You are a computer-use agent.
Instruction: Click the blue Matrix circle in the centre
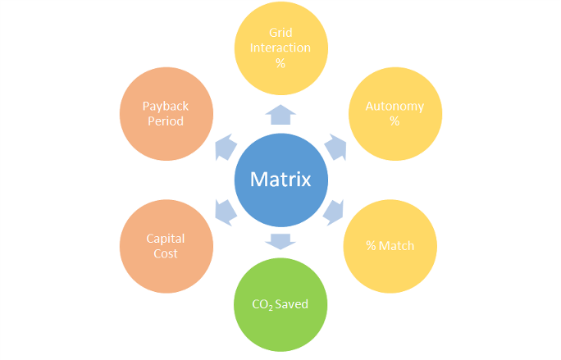tap(280, 180)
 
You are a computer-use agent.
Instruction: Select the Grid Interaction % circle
tap(280, 48)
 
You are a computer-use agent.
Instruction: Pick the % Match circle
tap(390, 245)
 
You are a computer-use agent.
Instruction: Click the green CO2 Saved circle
tap(280, 304)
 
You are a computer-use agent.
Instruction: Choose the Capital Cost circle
tap(166, 245)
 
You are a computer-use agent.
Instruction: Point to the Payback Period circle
tap(166, 113)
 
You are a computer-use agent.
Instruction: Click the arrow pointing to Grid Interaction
tap(280, 116)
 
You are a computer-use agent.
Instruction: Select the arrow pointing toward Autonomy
tap(335, 147)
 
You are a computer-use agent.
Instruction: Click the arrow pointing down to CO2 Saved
tap(280, 240)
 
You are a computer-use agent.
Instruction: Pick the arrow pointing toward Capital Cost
tap(226, 211)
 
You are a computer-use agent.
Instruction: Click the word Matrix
tap(280, 180)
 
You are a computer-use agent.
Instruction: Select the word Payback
tap(166, 106)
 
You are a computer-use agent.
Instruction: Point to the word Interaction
tap(280, 48)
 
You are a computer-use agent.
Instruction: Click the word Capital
tap(166, 238)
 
